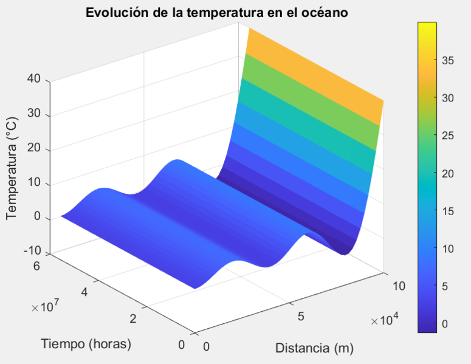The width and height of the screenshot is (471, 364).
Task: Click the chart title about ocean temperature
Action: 216,12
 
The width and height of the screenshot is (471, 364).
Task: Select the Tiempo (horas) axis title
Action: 87,343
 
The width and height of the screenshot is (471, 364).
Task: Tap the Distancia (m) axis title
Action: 314,349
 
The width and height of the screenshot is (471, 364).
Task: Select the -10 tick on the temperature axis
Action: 32,251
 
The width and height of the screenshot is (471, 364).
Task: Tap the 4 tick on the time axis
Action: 85,292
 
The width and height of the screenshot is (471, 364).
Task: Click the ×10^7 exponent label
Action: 46,308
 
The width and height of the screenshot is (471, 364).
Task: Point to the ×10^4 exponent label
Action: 386,321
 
